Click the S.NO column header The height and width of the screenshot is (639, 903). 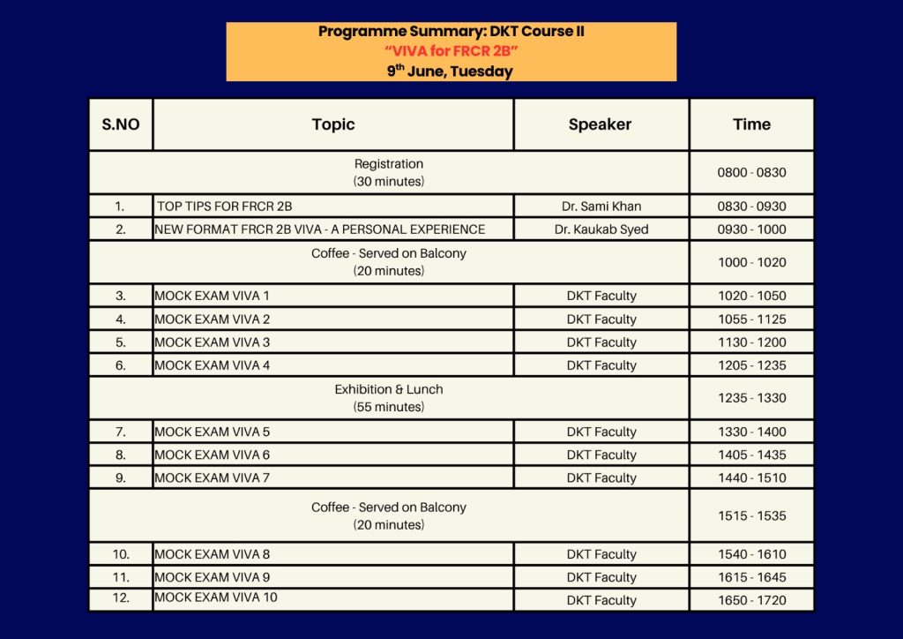pyautogui.click(x=121, y=124)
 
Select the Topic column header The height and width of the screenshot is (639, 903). pyautogui.click(x=333, y=124)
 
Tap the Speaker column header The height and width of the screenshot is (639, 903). pyautogui.click(x=601, y=124)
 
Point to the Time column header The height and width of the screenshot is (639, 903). pyautogui.click(x=751, y=124)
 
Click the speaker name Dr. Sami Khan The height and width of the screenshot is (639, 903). pyautogui.click(x=601, y=207)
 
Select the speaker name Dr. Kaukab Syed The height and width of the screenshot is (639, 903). pyautogui.click(x=601, y=229)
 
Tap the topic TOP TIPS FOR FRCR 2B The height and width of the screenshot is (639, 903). pyautogui.click(x=225, y=207)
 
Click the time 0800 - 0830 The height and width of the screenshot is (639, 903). pyautogui.click(x=751, y=173)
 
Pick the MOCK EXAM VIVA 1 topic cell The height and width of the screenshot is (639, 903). pyautogui.click(x=213, y=296)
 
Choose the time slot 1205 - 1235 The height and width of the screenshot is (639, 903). pyautogui.click(x=751, y=365)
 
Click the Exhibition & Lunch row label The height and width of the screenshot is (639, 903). pyautogui.click(x=389, y=389)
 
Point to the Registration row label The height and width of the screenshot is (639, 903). pyautogui.click(x=389, y=164)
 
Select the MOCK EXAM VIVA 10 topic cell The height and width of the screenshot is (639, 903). pyautogui.click(x=216, y=598)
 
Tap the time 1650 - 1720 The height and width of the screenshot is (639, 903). pyautogui.click(x=751, y=600)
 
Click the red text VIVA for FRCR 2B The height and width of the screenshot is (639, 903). pyautogui.click(x=451, y=51)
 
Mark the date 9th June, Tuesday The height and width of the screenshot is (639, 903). pyautogui.click(x=451, y=71)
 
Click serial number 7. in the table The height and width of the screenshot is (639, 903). pyautogui.click(x=121, y=432)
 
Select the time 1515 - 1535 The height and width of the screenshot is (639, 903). pyautogui.click(x=751, y=515)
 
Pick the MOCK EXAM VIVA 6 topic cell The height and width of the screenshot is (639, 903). pyautogui.click(x=213, y=455)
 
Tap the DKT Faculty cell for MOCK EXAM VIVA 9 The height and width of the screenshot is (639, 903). pyautogui.click(x=601, y=577)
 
